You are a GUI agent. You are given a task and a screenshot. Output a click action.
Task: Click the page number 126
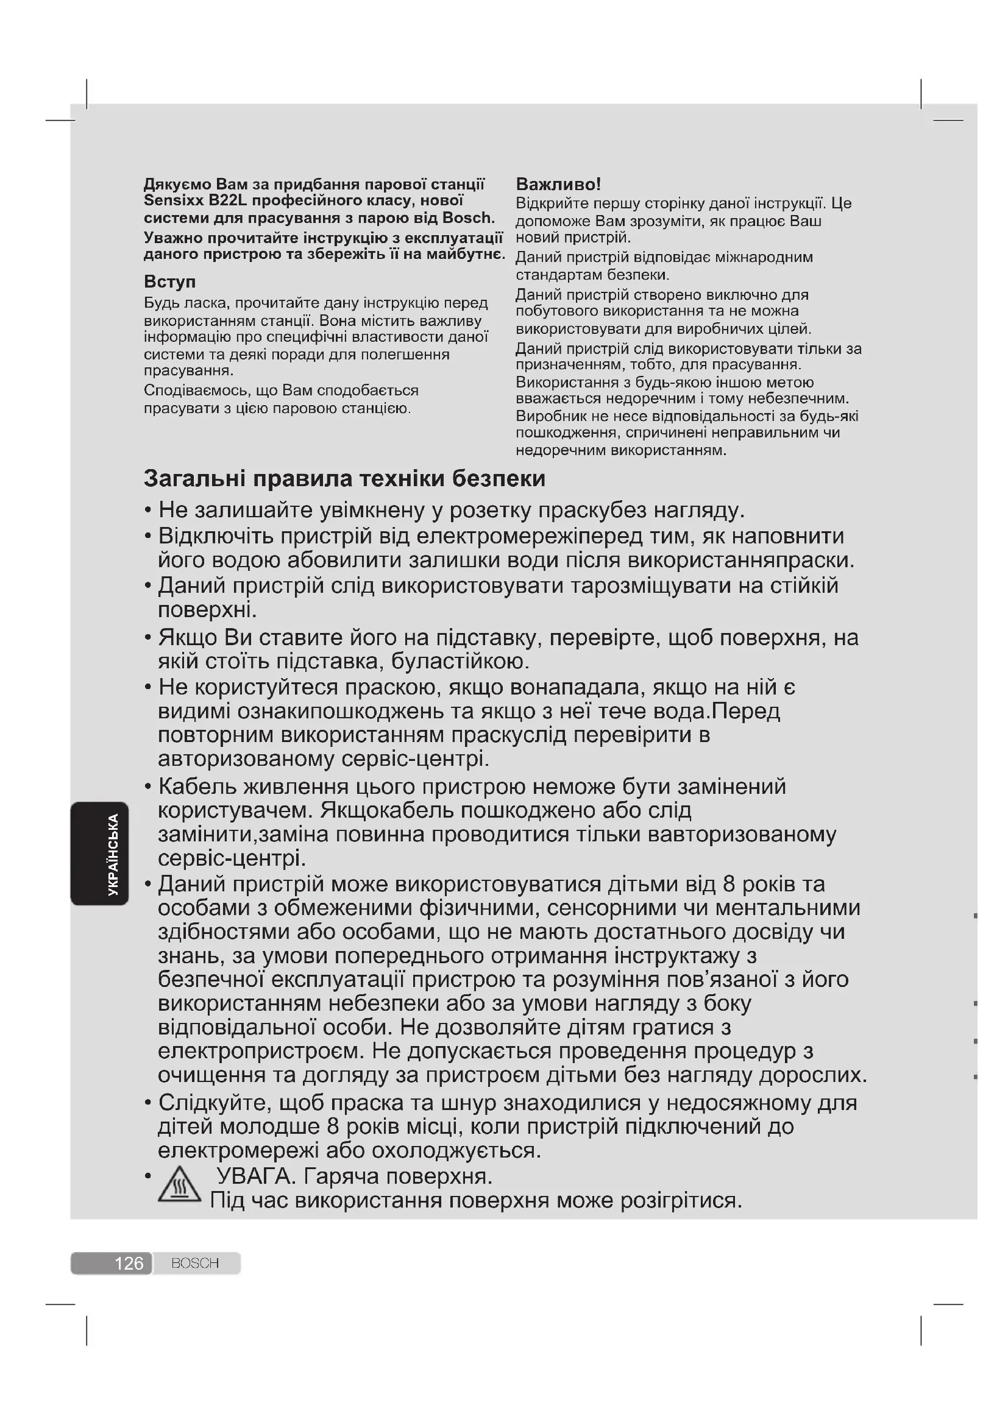pyautogui.click(x=129, y=1263)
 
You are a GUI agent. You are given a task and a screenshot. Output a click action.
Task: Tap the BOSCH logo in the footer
pyautogui.click(x=195, y=1263)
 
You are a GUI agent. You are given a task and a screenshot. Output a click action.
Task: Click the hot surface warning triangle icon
pyautogui.click(x=179, y=1186)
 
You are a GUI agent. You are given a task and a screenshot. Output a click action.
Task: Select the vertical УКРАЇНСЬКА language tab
pyautogui.click(x=113, y=854)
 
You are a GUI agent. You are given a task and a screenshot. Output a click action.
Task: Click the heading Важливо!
pyautogui.click(x=558, y=184)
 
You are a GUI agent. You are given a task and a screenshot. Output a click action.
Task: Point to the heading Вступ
pyautogui.click(x=169, y=282)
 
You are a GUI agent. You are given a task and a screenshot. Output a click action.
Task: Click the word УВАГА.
pyautogui.click(x=255, y=1176)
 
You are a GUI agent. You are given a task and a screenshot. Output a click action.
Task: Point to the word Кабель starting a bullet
pyautogui.click(x=197, y=787)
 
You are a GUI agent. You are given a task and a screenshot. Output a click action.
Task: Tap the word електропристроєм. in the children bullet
pyautogui.click(x=261, y=1051)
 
